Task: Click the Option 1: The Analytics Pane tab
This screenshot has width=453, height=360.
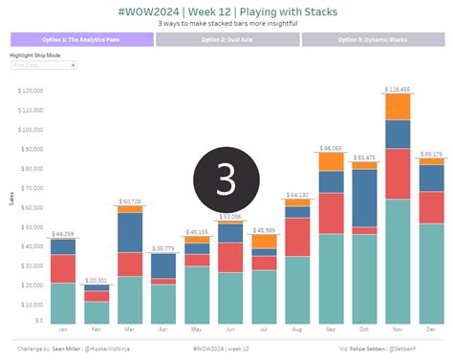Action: pos(81,40)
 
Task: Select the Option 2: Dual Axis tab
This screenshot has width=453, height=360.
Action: pos(226,40)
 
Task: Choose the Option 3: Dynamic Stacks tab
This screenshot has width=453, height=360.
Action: pos(374,40)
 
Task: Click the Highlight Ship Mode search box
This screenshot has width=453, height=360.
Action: pos(44,65)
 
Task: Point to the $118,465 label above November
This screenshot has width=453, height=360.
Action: pos(398,89)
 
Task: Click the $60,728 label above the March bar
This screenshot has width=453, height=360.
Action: pos(130,201)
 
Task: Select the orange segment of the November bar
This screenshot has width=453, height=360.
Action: pos(398,106)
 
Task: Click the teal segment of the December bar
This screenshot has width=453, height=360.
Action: pos(432,273)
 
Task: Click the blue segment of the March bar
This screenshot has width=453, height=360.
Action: pos(130,231)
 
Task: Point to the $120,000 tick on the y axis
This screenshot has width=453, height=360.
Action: pos(31,92)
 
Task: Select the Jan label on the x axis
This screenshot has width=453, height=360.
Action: pos(63,329)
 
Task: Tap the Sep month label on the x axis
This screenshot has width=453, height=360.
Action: pos(331,329)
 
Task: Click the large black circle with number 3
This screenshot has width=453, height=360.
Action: pos(226,180)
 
